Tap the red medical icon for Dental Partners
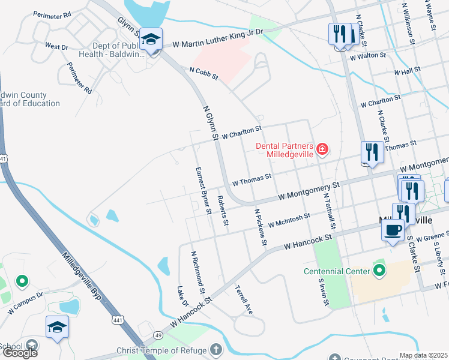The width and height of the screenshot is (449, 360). point(322,148)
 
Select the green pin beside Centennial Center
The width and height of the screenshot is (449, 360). point(379,271)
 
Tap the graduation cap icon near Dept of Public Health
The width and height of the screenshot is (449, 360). point(150,40)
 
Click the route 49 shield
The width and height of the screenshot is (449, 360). point(158,335)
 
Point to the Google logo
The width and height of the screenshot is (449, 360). point(19,353)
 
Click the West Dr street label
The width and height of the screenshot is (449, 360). point(56,46)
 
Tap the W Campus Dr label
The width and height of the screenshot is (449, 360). point(25,303)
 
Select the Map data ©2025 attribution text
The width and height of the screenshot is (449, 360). point(424,355)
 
